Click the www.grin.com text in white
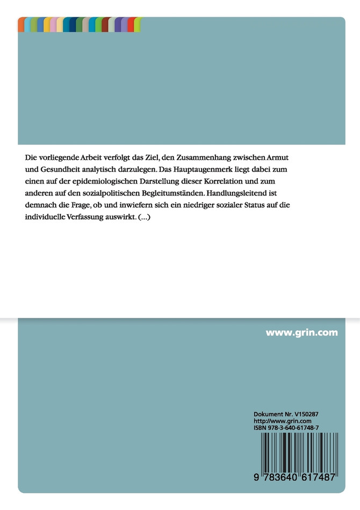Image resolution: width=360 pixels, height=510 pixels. [301, 333]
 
